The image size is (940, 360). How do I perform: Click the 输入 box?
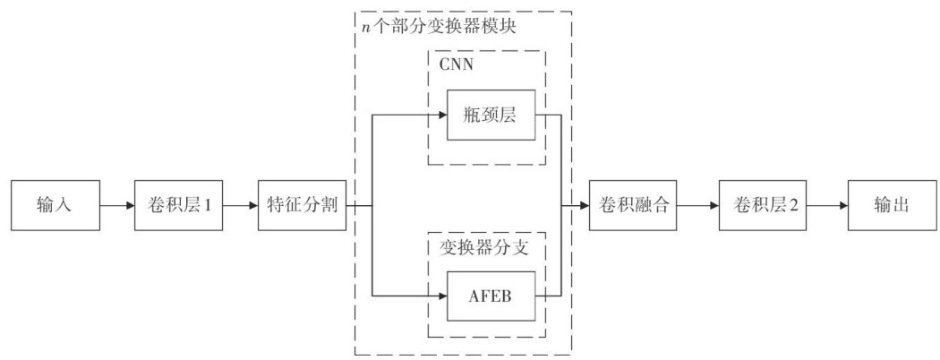[53, 205]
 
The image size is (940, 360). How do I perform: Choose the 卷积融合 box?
[632, 205]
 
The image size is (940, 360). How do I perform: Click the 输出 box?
[891, 205]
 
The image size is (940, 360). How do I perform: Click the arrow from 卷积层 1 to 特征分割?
[239, 205]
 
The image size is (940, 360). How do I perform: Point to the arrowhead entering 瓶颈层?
[441, 115]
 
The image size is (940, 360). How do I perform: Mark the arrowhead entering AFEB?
[441, 295]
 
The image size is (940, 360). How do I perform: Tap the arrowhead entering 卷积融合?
[584, 205]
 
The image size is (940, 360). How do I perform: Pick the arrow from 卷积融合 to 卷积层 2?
[697, 205]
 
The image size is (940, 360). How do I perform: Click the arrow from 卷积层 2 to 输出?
[828, 205]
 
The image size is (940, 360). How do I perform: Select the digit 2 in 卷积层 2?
[793, 206]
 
